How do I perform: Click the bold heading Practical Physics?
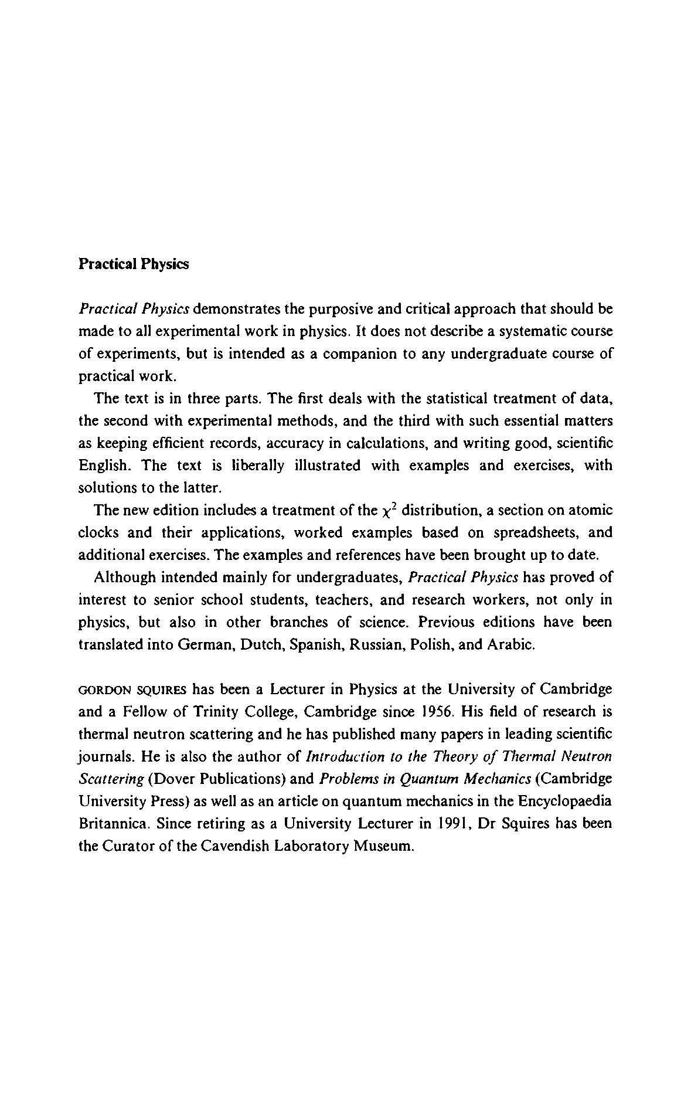[134, 264]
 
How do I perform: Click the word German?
[201, 645]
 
